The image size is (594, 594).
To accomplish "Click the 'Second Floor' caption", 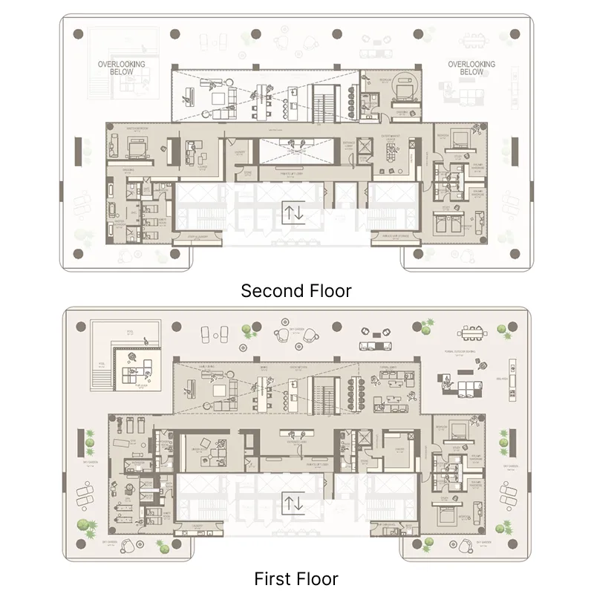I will click(x=296, y=290).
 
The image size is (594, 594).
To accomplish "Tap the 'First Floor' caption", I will click(x=296, y=578).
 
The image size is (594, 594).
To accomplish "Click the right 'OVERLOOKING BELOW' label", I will click(x=471, y=68).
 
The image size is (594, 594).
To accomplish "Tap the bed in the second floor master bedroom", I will click(x=139, y=150).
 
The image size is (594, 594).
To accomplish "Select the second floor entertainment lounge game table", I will click(x=391, y=152).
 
